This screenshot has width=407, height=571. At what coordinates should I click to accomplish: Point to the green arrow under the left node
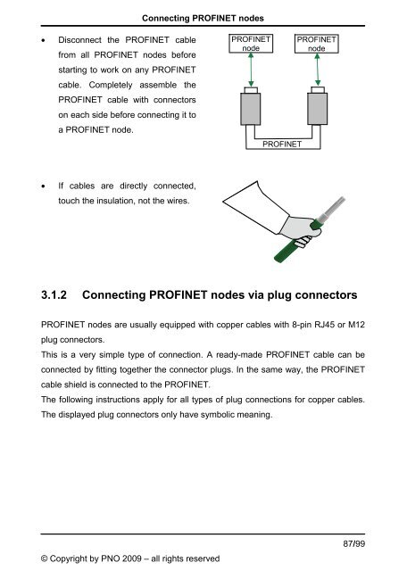pos(250,70)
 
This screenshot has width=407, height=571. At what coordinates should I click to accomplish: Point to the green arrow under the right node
pos(316,70)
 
